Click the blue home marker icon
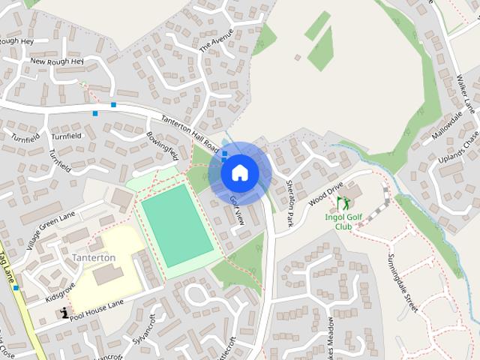click(x=240, y=172)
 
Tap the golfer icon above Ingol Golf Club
click(x=343, y=202)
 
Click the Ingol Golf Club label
click(x=343, y=221)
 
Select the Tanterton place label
click(x=94, y=257)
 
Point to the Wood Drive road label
click(x=325, y=191)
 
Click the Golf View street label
click(x=237, y=211)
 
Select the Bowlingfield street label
click(x=163, y=144)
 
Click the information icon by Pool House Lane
click(x=65, y=312)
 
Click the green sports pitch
click(x=177, y=223)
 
